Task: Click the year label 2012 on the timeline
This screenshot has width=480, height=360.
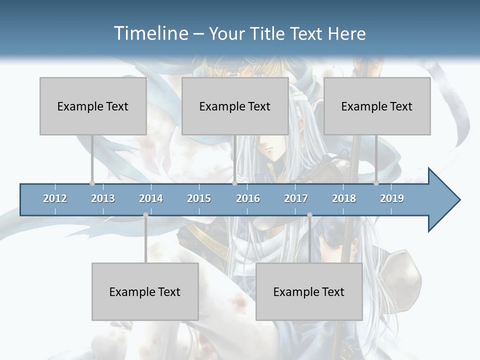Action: tap(55, 198)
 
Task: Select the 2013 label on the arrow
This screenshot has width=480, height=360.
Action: tap(103, 198)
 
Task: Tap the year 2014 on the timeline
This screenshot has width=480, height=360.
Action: tap(151, 198)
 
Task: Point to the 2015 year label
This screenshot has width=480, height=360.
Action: tap(199, 198)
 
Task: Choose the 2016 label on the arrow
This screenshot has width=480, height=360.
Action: tap(248, 198)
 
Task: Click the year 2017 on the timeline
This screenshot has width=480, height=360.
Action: tap(296, 198)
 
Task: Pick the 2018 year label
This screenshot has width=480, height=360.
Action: tap(344, 198)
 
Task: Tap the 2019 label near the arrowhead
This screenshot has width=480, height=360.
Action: tap(392, 198)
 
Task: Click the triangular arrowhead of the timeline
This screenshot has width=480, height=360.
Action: tap(443, 200)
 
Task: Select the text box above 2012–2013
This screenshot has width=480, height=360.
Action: tap(93, 106)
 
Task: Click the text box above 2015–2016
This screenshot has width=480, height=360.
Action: tap(235, 106)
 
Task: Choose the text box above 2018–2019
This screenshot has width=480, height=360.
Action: tap(377, 106)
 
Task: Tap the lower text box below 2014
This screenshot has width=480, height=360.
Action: tap(145, 291)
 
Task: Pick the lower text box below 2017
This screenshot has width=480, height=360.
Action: tap(309, 291)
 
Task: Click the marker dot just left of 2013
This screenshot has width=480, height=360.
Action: tap(92, 183)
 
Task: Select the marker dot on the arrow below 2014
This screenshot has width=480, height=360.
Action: tap(145, 215)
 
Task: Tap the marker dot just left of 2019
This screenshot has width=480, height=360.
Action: tap(376, 183)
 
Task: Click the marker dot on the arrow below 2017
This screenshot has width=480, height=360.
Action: tap(309, 215)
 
